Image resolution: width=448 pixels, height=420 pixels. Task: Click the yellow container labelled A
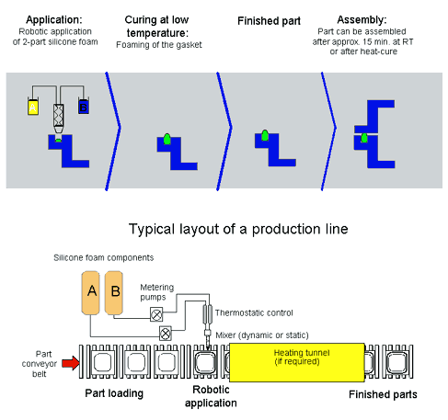pos(33,107)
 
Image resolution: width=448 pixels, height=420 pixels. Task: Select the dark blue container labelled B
pos(84,107)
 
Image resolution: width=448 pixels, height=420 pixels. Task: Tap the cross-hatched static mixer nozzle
pos(59,116)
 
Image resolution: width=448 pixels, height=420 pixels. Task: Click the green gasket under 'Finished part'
pos(265,136)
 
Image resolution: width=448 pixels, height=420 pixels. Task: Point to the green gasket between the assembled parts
pos(364,138)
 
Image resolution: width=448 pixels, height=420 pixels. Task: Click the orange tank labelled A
pos(91,293)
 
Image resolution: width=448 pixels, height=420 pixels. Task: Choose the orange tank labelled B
pos(114,293)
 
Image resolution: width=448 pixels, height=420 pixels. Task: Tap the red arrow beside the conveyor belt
pos(71,363)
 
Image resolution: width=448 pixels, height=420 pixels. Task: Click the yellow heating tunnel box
pos(297,362)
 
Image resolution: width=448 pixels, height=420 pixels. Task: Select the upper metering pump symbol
pos(156,314)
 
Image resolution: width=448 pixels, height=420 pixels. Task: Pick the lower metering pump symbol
pos(166,334)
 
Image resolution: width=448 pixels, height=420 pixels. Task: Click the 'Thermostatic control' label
pos(254,313)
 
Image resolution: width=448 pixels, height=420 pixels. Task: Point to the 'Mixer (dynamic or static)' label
pos(262,335)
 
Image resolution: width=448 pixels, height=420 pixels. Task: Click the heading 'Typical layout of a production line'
pos(238,229)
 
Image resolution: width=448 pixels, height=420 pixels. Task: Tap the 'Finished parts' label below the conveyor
pos(383,394)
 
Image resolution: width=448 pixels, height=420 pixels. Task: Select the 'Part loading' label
pos(114,393)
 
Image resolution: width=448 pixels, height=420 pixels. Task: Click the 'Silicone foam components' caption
pos(104,257)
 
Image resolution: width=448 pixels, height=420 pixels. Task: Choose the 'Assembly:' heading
pos(362,20)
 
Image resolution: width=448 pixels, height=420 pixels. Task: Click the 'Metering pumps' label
pos(157,292)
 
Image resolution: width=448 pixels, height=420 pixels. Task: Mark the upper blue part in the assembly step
pos(374,117)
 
